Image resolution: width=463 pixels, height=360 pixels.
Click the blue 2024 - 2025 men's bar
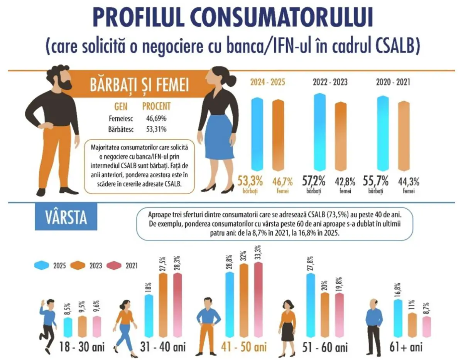pyautogui.click(x=257, y=134)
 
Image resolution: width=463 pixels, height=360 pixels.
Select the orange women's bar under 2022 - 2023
pyautogui.click(x=341, y=136)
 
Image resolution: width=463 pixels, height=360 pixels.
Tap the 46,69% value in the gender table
pyautogui.click(x=156, y=118)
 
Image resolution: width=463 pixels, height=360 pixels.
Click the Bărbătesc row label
pyautogui.click(x=121, y=130)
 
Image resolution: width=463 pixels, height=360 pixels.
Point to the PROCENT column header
pyautogui.click(x=157, y=106)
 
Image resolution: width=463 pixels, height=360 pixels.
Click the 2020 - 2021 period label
pyautogui.click(x=393, y=82)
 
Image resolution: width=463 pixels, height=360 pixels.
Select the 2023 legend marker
pyautogui.click(x=78, y=265)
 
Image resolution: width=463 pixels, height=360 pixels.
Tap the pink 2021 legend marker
pyautogui.click(x=114, y=265)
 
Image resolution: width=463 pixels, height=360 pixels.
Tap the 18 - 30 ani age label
pyautogui.click(x=82, y=347)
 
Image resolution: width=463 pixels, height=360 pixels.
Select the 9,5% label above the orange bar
pyautogui.click(x=82, y=308)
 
